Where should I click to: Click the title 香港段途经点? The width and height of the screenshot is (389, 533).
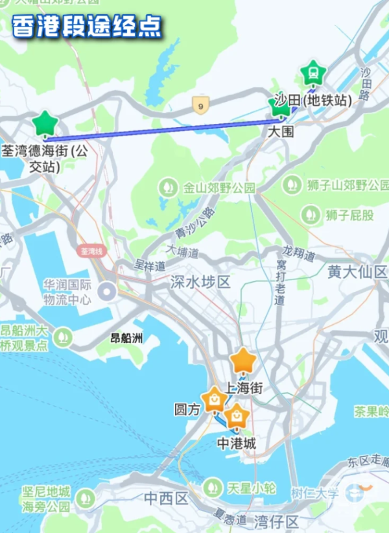click(86, 27)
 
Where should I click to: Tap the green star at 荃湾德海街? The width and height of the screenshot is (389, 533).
click(45, 123)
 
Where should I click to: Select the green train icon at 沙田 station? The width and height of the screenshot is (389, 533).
click(313, 73)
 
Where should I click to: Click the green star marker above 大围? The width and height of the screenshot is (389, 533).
click(280, 107)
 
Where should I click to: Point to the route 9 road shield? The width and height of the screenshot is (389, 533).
click(201, 104)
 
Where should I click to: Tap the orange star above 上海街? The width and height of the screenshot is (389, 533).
click(243, 361)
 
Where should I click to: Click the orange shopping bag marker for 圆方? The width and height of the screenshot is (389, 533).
click(214, 400)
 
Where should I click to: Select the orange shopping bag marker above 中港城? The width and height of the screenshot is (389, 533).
click(237, 416)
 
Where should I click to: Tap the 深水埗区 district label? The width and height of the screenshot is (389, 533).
click(200, 282)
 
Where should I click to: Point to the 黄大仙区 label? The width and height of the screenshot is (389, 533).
click(357, 272)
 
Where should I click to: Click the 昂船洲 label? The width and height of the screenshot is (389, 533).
click(126, 338)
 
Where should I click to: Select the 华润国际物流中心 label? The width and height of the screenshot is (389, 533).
click(68, 292)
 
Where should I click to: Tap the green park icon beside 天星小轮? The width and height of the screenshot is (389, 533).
click(212, 487)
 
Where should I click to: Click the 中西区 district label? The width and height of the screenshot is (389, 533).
click(166, 499)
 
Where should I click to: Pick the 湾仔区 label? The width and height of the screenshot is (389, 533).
click(276, 521)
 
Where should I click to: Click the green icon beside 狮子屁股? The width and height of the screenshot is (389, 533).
click(311, 214)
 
